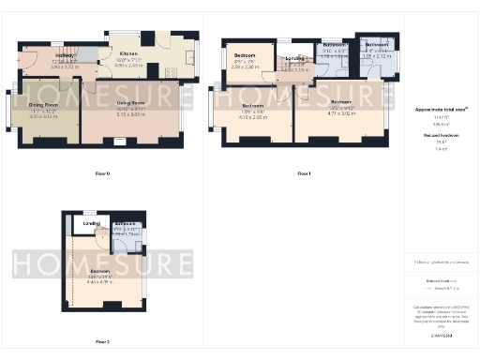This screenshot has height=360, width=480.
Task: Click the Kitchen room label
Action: tap(128, 55)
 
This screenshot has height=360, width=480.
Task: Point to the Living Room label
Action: tap(130, 103)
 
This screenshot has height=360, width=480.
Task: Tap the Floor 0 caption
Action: tap(102, 173)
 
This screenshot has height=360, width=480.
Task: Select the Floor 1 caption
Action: tap(303, 173)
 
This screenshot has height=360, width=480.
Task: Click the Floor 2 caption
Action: tap(102, 341)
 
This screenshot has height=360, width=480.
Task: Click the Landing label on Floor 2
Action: tap(92, 224)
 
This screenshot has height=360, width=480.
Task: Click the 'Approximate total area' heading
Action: tap(442, 110)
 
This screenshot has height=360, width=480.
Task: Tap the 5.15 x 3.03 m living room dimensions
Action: tap(130, 113)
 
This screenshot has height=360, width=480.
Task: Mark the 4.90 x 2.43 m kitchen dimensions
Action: tap(128, 66)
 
